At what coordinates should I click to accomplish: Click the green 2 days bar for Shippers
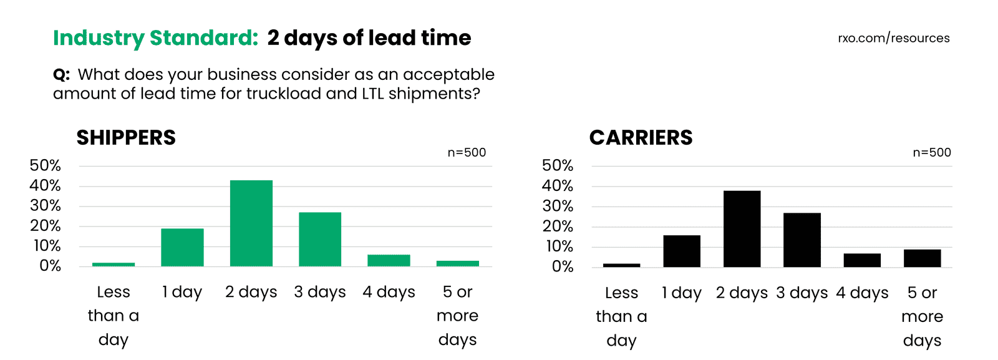point(251,223)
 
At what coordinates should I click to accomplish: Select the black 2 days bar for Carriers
point(742,229)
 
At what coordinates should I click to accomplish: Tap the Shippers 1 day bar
point(182,248)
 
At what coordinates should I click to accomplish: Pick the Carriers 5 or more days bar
point(922,258)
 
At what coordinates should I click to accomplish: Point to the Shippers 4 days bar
point(389,260)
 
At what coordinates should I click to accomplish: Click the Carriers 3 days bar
point(802,240)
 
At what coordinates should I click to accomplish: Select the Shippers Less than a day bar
point(114,265)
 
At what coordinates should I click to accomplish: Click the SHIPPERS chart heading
point(126,138)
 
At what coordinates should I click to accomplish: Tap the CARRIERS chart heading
point(641,138)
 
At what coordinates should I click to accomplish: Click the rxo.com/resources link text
point(893,38)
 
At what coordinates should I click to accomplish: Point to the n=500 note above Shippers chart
point(467,153)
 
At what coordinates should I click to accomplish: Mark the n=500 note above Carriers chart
point(932,153)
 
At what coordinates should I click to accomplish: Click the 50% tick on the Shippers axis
point(46,165)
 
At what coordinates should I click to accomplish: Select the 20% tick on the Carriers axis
point(558,226)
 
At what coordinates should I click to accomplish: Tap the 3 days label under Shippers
point(320,292)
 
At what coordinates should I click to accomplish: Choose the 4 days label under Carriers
point(862,293)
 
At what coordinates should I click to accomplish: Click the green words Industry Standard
point(155,38)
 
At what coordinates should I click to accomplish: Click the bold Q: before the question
point(61,75)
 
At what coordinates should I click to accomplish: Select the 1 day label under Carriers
point(682,293)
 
